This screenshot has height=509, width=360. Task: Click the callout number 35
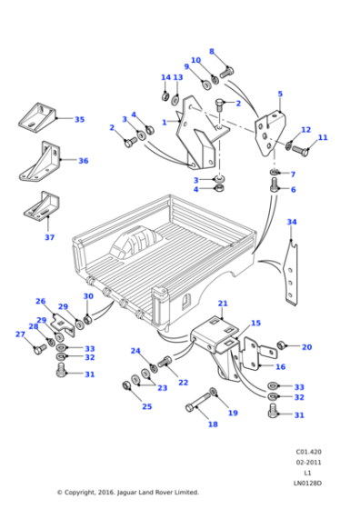79,119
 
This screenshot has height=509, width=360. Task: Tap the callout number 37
49,237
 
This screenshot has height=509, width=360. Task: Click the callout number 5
279,94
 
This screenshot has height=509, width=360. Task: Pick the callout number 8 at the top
212,52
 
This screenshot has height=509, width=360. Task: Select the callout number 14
165,77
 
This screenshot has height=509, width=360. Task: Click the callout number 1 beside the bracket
165,122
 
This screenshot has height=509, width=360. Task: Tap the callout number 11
323,137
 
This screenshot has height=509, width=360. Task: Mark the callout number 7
292,174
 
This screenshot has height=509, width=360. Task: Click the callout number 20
306,346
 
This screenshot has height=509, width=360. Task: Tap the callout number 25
146,405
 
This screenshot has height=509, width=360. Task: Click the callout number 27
20,334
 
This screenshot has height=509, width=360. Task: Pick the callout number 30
88,296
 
